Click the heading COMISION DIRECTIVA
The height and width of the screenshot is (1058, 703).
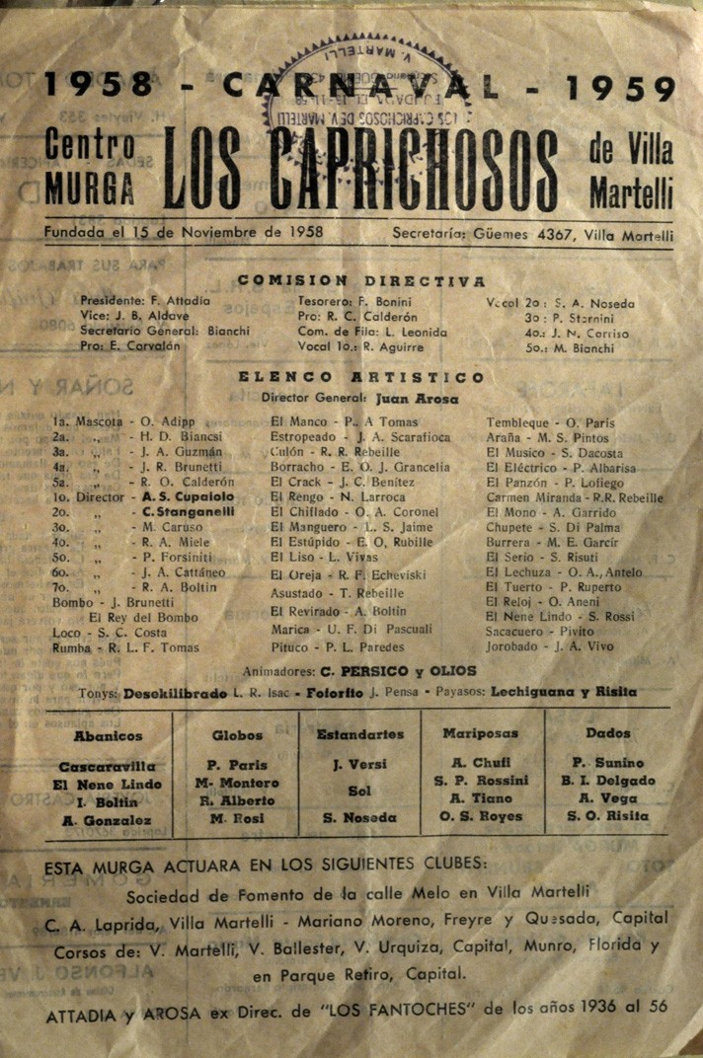click(x=360, y=281)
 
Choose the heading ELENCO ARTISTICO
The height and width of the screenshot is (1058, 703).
click(x=360, y=377)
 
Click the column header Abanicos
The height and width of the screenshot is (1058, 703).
click(x=108, y=735)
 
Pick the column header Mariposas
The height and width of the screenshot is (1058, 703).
click(x=483, y=734)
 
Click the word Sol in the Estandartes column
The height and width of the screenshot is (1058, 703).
click(x=359, y=791)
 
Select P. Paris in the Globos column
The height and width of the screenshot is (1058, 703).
click(x=237, y=764)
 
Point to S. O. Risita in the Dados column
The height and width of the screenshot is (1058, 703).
click(x=607, y=816)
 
